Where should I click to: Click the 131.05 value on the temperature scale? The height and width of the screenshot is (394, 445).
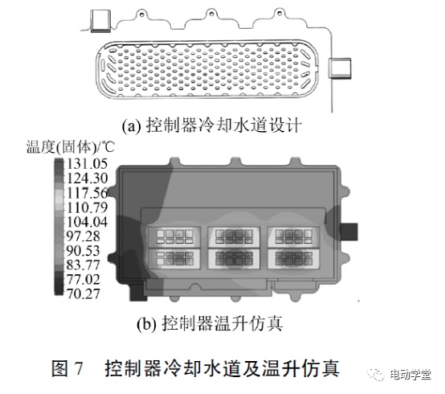tap(87, 164)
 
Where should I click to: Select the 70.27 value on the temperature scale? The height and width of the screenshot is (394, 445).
tap(84, 293)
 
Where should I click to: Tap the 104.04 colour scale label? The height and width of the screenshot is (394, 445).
tap(87, 222)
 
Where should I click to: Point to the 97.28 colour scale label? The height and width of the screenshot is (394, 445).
tap(84, 236)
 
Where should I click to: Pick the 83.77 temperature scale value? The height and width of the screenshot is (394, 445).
tap(84, 265)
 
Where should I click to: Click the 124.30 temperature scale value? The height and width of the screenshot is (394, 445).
tap(87, 179)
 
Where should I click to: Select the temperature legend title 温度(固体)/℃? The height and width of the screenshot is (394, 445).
tap(71, 147)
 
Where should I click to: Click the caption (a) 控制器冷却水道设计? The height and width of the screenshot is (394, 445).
tap(211, 125)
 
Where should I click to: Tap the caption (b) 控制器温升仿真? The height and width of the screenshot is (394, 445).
tap(210, 323)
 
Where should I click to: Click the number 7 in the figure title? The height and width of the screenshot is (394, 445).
tap(79, 368)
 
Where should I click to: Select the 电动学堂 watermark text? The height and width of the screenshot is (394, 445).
tap(410, 375)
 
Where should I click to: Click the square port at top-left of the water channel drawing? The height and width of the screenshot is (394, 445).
tap(100, 20)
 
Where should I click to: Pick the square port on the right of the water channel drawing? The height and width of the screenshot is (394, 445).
tap(340, 68)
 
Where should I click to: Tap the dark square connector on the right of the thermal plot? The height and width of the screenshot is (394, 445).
tap(349, 232)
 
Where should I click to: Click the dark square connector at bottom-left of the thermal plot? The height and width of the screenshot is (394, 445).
tap(138, 291)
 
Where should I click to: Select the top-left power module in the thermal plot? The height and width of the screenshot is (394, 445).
tap(174, 236)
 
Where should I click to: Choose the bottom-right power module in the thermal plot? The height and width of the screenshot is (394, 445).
tap(294, 259)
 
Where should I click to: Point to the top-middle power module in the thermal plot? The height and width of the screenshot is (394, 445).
tap(234, 236)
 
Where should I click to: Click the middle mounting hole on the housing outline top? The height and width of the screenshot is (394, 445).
tap(211, 13)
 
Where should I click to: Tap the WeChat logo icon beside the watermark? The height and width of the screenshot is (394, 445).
tap(378, 375)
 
